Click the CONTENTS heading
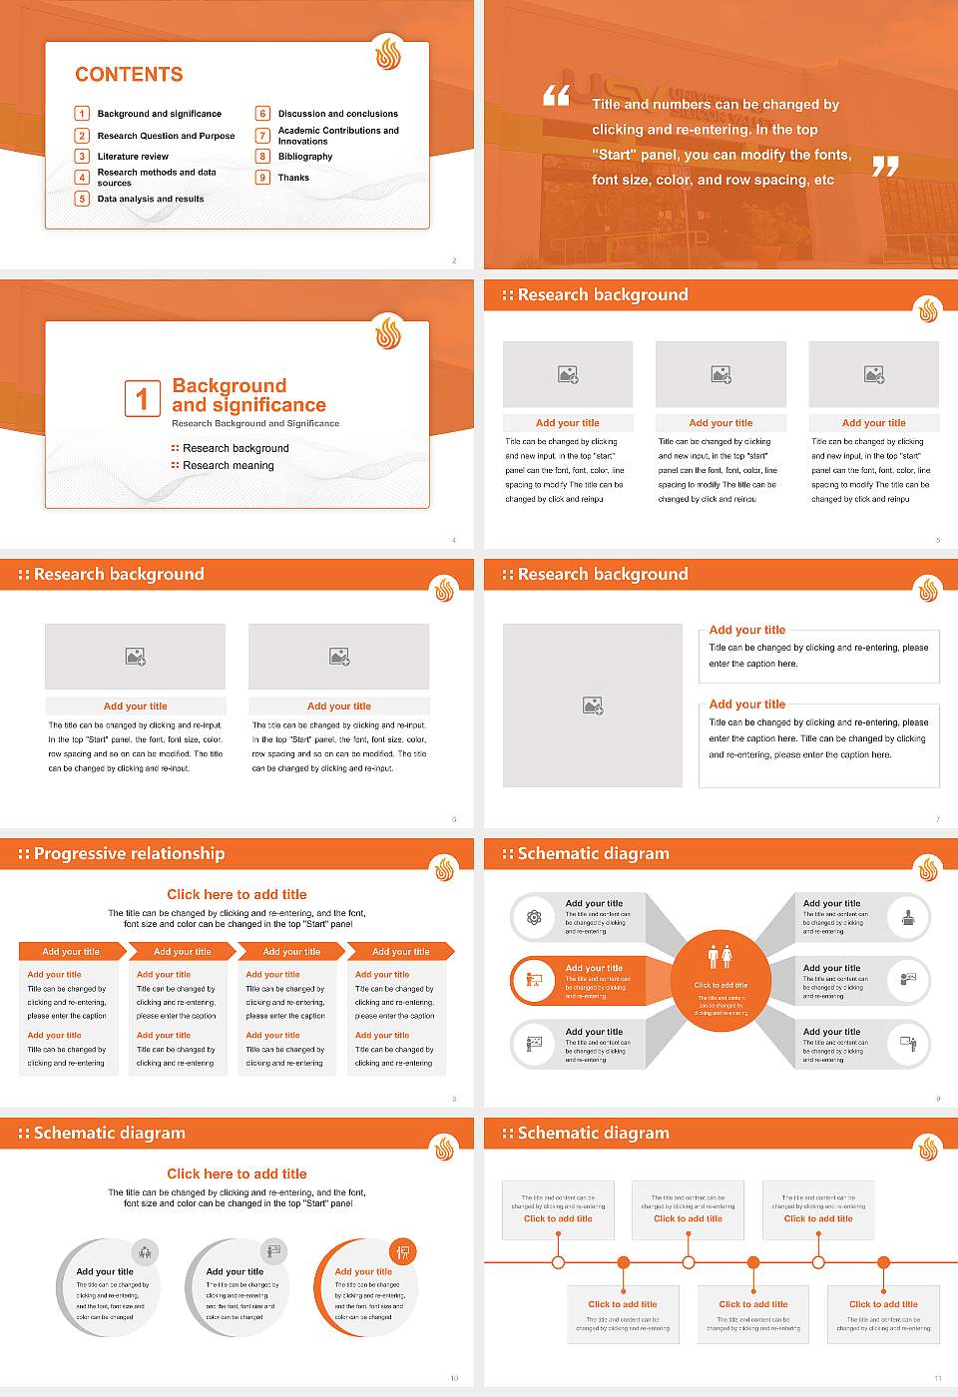click(x=129, y=75)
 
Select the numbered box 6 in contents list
click(x=263, y=114)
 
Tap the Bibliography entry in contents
click(x=305, y=157)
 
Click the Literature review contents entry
click(x=133, y=157)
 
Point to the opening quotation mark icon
click(x=556, y=96)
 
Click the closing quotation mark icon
click(x=885, y=167)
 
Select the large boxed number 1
click(x=142, y=398)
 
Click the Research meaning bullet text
click(x=228, y=466)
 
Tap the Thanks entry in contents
click(x=293, y=178)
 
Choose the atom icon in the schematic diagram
click(x=534, y=917)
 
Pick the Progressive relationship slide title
click(x=129, y=854)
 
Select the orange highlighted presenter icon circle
click(x=534, y=980)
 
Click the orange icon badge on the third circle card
click(x=403, y=1251)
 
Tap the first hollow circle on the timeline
click(x=558, y=1262)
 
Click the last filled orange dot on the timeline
click(x=883, y=1262)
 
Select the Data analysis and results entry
click(x=151, y=200)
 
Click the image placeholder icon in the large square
click(x=593, y=705)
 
